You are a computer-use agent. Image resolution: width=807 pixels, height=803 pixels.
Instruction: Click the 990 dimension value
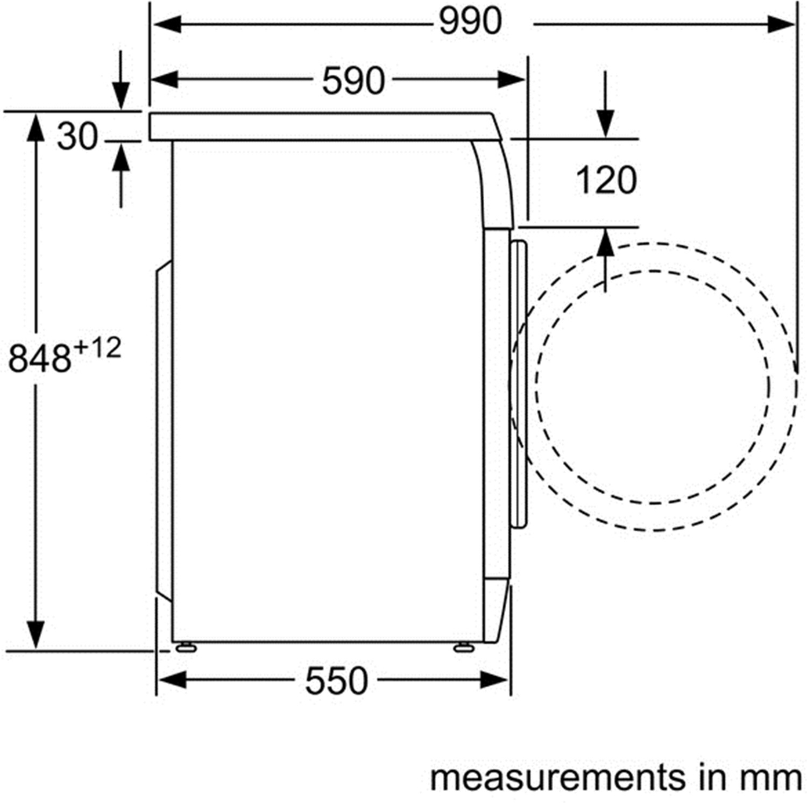tap(470, 22)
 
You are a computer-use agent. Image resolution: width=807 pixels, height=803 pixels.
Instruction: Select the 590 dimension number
tap(353, 81)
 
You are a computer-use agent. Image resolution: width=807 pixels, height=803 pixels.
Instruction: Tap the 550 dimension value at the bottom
tap(336, 681)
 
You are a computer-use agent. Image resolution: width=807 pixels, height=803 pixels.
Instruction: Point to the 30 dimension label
tap(77, 136)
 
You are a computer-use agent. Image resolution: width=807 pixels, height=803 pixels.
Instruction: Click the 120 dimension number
tap(606, 180)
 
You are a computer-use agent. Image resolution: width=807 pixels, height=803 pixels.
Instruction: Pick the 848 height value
tap(40, 358)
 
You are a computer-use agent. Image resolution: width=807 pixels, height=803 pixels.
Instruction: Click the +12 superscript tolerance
tap(97, 349)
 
